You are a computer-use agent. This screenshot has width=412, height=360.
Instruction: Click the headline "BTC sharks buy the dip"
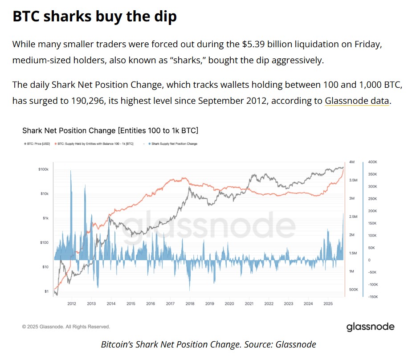94,16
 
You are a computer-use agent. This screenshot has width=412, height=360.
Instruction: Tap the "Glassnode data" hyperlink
357,101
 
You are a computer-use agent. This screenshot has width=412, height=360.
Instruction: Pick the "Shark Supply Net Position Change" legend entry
174,144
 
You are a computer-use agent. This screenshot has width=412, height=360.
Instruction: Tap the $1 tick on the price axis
46,291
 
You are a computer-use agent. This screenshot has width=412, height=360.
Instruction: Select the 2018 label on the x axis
190,304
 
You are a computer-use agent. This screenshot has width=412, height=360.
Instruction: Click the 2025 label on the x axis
328,304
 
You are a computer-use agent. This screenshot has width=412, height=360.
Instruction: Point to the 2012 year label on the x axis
71,304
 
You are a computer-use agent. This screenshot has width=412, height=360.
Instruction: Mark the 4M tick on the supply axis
351,162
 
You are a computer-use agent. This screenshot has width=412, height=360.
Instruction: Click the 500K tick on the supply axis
353,290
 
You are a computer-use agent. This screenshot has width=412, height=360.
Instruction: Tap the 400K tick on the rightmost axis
373,162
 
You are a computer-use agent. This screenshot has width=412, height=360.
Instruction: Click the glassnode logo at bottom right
370,327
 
